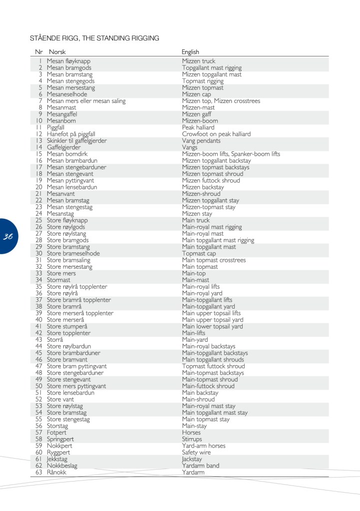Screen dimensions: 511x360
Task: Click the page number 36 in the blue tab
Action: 7,237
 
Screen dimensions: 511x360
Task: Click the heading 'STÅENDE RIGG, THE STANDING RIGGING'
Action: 94,38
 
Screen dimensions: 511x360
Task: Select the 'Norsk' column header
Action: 57,52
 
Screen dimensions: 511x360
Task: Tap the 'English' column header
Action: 190,52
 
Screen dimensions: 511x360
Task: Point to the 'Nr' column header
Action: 39,52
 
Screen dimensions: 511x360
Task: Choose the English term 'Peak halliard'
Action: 198,127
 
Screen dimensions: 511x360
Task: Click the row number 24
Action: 39,214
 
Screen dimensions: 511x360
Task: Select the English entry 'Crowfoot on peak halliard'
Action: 216,134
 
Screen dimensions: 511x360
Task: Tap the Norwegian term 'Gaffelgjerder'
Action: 63,147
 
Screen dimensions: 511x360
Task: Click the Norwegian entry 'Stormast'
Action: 58,280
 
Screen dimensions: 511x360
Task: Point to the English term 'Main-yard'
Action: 195,340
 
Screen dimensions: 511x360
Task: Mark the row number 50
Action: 39,386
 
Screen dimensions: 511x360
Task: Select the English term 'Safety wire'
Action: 196,453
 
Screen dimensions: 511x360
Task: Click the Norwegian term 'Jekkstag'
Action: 57,459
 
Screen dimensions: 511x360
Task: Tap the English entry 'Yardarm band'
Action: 200,466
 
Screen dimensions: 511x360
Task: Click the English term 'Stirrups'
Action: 193,439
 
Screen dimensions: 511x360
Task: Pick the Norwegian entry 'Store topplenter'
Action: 68,333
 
